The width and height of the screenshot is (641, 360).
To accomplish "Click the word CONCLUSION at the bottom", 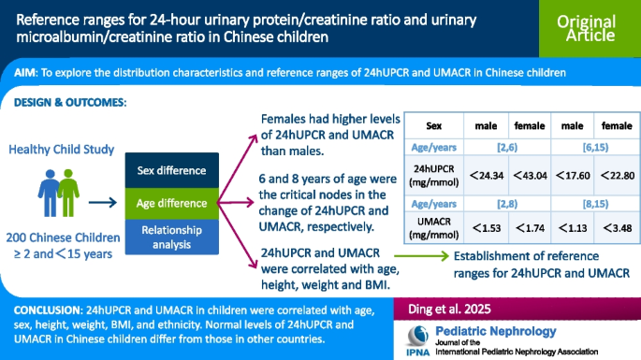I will point(47,308).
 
